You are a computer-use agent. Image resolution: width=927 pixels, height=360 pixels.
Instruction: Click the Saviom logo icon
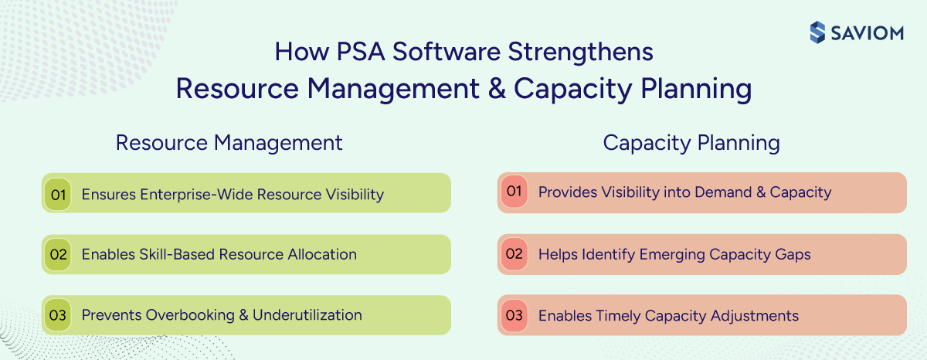pyautogui.click(x=818, y=32)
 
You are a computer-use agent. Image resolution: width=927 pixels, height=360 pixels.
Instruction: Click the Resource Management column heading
pyautogui.click(x=229, y=143)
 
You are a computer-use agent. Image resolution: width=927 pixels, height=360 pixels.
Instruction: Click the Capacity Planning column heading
pyautogui.click(x=691, y=143)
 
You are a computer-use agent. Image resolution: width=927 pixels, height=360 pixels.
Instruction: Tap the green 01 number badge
pyautogui.click(x=58, y=194)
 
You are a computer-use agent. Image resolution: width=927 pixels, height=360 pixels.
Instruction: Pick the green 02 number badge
pyautogui.click(x=58, y=254)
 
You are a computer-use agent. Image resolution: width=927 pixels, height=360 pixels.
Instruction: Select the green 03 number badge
pyautogui.click(x=58, y=315)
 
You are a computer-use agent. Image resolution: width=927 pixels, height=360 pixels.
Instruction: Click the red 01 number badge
pyautogui.click(x=514, y=192)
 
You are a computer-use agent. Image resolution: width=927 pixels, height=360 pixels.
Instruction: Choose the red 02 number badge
pyautogui.click(x=514, y=253)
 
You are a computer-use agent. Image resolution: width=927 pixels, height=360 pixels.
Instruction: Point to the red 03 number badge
pyautogui.click(x=514, y=315)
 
